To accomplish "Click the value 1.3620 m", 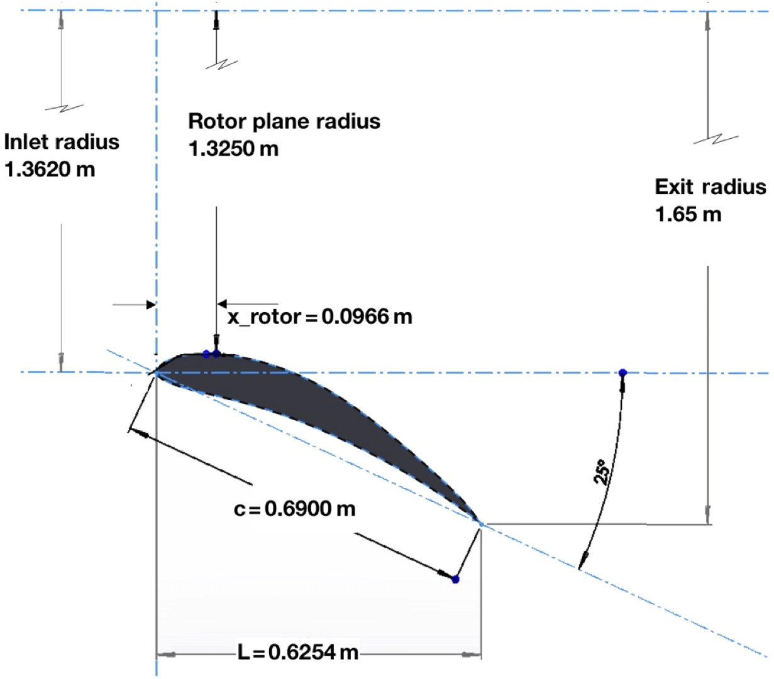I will tap(49, 170).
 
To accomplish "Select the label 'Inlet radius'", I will tap(62, 141).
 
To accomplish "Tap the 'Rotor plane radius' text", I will tap(284, 121).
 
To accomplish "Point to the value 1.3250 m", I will tap(233, 149).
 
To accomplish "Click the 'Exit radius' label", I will tap(710, 187).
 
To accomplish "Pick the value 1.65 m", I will tap(688, 215).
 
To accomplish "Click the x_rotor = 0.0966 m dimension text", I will tap(320, 316).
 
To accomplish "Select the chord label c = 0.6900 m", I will tap(294, 508).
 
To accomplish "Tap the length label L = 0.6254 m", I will tap(298, 652).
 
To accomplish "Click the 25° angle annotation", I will tap(602, 472).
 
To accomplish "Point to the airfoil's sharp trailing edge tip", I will tap(479, 521).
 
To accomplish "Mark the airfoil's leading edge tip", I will tap(154, 372).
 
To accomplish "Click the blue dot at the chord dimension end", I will tap(455, 579).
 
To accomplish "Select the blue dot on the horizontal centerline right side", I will tap(622, 372).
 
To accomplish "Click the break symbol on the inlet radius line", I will tap(64, 108).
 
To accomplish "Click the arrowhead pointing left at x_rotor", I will tap(222, 305).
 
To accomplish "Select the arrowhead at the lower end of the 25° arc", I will tap(583, 558).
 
